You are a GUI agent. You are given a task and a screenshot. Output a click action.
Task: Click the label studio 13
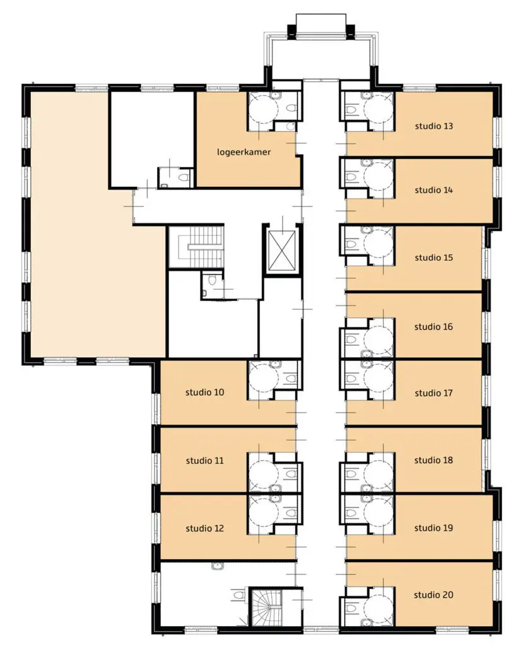(433, 126)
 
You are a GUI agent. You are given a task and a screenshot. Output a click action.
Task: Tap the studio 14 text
(433, 191)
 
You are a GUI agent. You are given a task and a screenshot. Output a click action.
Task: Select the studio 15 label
(433, 258)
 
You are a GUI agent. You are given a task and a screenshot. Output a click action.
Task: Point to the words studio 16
(433, 327)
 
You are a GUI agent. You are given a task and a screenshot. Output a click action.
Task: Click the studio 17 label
(433, 393)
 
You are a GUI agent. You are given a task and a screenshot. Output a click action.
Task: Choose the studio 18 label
(433, 460)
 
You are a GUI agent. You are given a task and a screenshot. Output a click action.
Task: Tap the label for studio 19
(433, 528)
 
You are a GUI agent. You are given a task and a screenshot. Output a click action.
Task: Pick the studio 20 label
(433, 595)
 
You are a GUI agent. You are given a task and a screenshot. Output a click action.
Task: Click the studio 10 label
(205, 393)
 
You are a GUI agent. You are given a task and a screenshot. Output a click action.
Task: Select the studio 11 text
(205, 461)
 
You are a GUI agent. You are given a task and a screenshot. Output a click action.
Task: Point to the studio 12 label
(205, 529)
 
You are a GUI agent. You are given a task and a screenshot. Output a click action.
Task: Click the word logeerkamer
(243, 152)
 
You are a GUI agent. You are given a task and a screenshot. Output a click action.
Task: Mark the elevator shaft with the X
(282, 251)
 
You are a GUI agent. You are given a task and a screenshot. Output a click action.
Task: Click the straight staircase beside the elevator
(196, 247)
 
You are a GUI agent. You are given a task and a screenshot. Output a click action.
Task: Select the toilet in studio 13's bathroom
(351, 110)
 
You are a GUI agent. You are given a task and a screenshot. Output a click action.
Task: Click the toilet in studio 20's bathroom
(351, 608)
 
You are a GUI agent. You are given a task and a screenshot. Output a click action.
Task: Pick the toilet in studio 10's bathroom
(291, 379)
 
